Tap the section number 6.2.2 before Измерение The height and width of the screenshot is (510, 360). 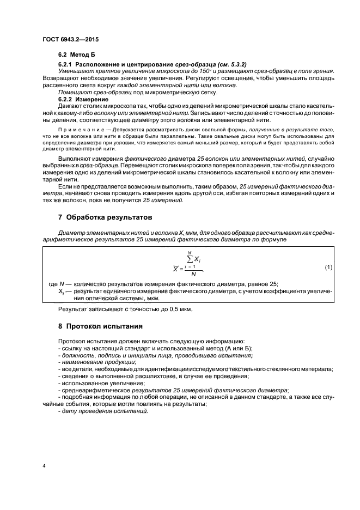coord(68,100)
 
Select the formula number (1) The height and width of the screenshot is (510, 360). coord(328,267)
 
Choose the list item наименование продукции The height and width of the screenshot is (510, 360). coord(90,362)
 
